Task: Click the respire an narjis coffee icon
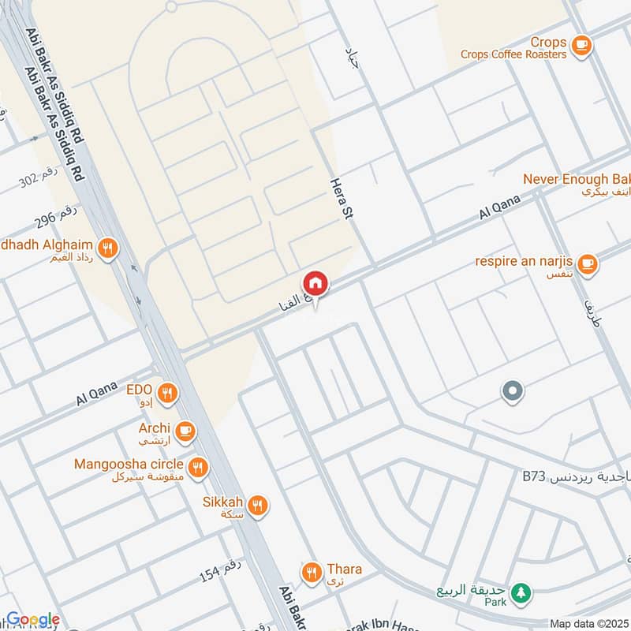pyautogui.click(x=586, y=264)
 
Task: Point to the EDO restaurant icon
pyautogui.click(x=166, y=393)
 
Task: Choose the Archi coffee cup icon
pyautogui.click(x=185, y=431)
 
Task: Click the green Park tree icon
pyautogui.click(x=519, y=592)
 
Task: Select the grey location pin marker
pyautogui.click(x=513, y=390)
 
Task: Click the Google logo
pyautogui.click(x=33, y=619)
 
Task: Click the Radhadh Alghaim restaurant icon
pyautogui.click(x=108, y=248)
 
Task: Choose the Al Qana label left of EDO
pyautogui.click(x=97, y=390)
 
